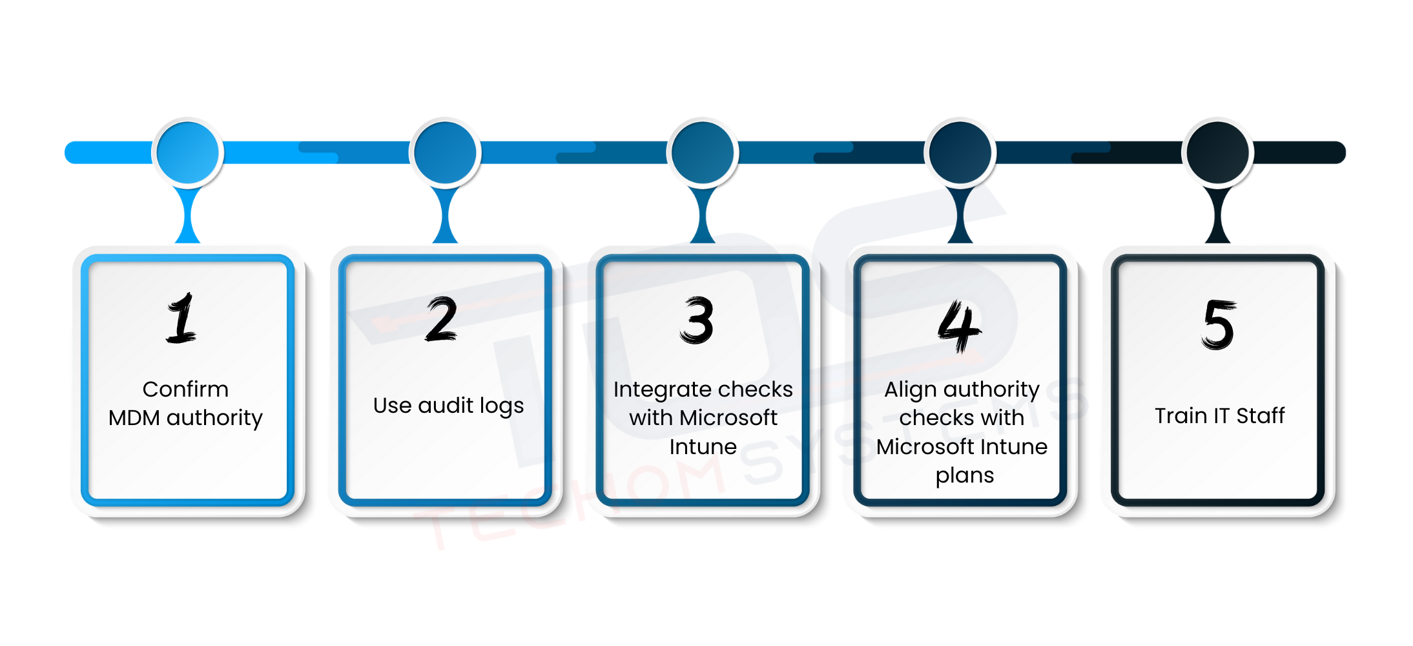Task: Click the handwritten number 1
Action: pyautogui.click(x=181, y=318)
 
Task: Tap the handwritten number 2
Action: pyautogui.click(x=442, y=319)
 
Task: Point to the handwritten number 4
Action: pyautogui.click(x=959, y=326)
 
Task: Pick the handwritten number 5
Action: pyautogui.click(x=1219, y=324)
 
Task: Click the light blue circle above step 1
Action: pyautogui.click(x=188, y=153)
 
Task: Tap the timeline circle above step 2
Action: pyautogui.click(x=445, y=153)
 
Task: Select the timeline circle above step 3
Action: pyautogui.click(x=703, y=153)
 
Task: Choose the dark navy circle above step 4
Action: pyautogui.click(x=960, y=153)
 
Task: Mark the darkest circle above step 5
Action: pyautogui.click(x=1218, y=153)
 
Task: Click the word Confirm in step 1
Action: pyautogui.click(x=185, y=390)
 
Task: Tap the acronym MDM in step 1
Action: pyautogui.click(x=134, y=418)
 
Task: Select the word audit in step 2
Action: pyautogui.click(x=446, y=406)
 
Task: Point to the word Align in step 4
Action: pyautogui.click(x=910, y=390)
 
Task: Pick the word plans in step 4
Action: pyautogui.click(x=965, y=476)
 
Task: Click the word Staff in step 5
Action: pyautogui.click(x=1260, y=416)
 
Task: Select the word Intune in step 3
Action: pyautogui.click(x=703, y=447)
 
